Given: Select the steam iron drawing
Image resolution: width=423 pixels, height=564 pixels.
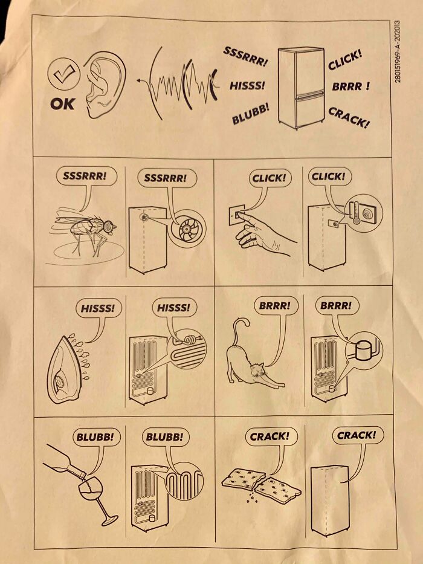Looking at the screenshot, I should pos(65,369).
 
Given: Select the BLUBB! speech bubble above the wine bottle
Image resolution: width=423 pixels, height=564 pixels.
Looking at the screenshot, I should pos(95,436).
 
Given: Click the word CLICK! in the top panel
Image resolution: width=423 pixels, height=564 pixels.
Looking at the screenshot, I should pos(345,63).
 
